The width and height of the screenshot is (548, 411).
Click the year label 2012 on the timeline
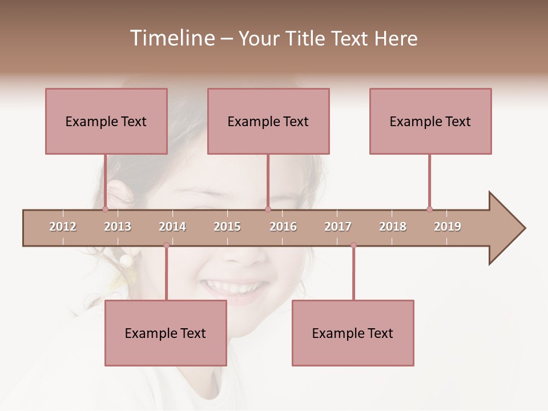pyautogui.click(x=63, y=227)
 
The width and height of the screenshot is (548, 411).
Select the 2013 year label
pyautogui.click(x=118, y=227)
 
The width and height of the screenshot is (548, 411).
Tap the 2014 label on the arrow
pyautogui.click(x=172, y=227)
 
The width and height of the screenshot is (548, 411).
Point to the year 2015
pyautogui.click(x=227, y=227)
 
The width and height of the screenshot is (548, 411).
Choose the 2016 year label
pyautogui.click(x=283, y=227)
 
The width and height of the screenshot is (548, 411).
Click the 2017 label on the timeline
pyautogui.click(x=338, y=227)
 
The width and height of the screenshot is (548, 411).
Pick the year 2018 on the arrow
pyautogui.click(x=393, y=227)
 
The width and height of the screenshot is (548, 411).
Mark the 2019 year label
pyautogui.click(x=448, y=227)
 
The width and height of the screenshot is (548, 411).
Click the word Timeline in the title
pyautogui.click(x=171, y=38)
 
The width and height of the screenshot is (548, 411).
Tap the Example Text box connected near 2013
pyautogui.click(x=106, y=121)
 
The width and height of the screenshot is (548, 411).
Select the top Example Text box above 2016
pyautogui.click(x=268, y=121)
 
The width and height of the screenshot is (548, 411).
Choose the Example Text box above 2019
pyautogui.click(x=430, y=121)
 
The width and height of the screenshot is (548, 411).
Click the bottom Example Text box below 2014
pyautogui.click(x=166, y=333)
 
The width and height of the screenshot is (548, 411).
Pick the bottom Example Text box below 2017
pyautogui.click(x=353, y=333)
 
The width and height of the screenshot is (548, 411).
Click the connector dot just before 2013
pyautogui.click(x=105, y=209)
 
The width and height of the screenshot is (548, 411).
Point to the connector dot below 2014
pyautogui.click(x=166, y=245)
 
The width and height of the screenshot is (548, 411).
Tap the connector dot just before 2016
pyautogui.click(x=268, y=209)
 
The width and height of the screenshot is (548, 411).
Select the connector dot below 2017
pyautogui.click(x=353, y=245)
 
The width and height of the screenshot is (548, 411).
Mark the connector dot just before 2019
pyautogui.click(x=429, y=209)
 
